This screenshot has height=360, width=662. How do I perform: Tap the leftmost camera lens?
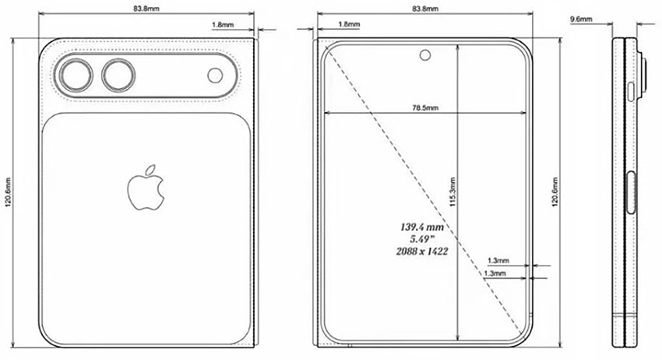point(76,76)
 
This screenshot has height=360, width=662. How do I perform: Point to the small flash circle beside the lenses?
point(216,75)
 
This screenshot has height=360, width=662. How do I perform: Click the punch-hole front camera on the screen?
point(426,55)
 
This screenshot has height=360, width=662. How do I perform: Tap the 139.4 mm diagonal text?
point(421,226)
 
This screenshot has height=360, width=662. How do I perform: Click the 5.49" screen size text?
point(421,239)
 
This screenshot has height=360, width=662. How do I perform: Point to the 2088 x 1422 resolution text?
point(421,252)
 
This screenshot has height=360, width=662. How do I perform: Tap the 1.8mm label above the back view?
point(222,24)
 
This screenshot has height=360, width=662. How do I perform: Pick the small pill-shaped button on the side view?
point(631,95)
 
